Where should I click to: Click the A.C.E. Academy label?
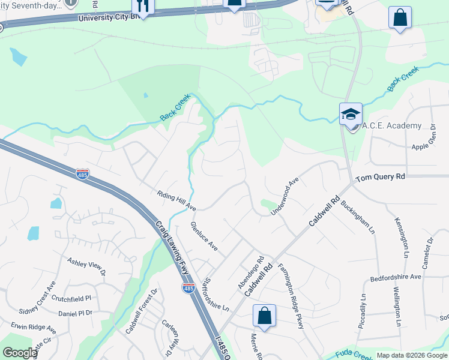pyautogui.click(x=393, y=126)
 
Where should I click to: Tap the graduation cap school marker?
pyautogui.click(x=351, y=115)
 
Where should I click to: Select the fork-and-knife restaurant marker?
pyautogui.click(x=143, y=5)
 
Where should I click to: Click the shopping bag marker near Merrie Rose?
pyautogui.click(x=264, y=316)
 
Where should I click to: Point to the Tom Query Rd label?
pyautogui.click(x=380, y=178)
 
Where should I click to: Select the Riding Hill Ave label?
pyautogui.click(x=176, y=200)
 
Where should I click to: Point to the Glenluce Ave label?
pyautogui.click(x=203, y=236)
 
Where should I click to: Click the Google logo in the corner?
pyautogui.click(x=20, y=353)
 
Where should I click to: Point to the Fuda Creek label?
pyautogui.click(x=354, y=354)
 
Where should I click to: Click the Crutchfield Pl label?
pyautogui.click(x=71, y=298)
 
